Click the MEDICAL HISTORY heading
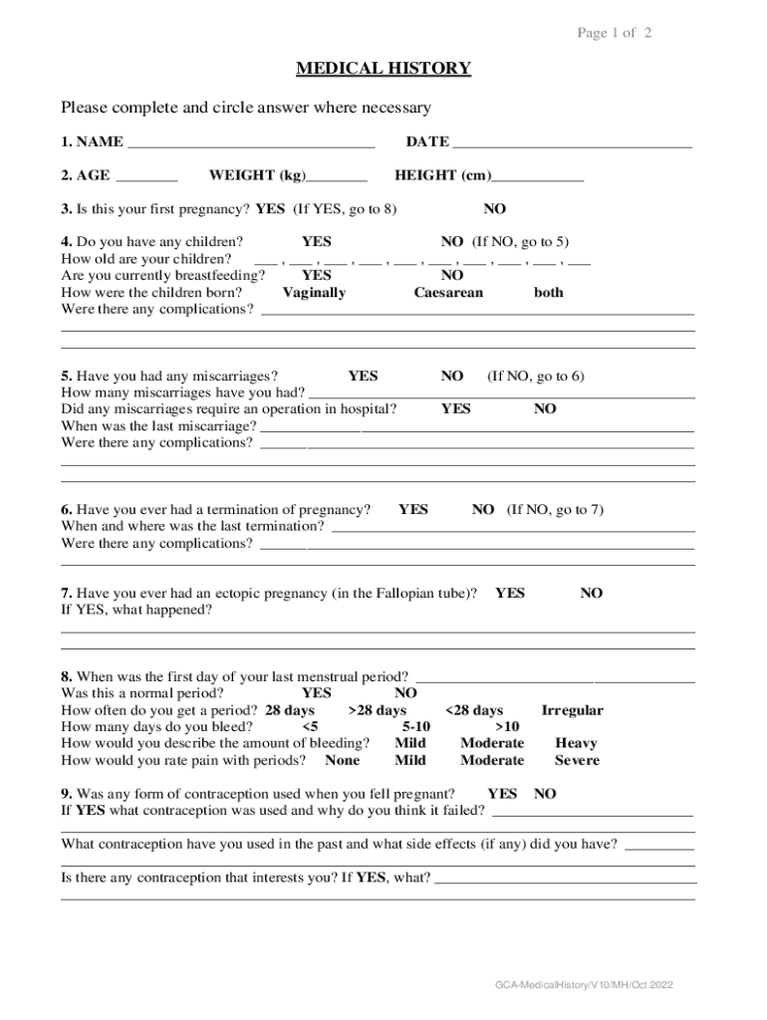point(383,69)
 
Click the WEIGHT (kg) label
point(257,176)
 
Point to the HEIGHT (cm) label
point(443,176)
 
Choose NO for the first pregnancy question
point(494,209)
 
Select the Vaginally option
point(314,293)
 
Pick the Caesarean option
point(448,293)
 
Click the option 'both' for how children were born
point(548,293)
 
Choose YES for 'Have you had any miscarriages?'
point(363,377)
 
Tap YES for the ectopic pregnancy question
point(510,594)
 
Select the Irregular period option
point(572,711)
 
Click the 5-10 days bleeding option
point(416,727)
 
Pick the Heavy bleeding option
point(576,744)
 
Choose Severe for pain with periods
point(577,761)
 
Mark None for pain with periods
point(343,761)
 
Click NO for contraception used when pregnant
point(545,795)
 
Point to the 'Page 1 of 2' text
point(615,34)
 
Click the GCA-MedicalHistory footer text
point(586,985)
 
